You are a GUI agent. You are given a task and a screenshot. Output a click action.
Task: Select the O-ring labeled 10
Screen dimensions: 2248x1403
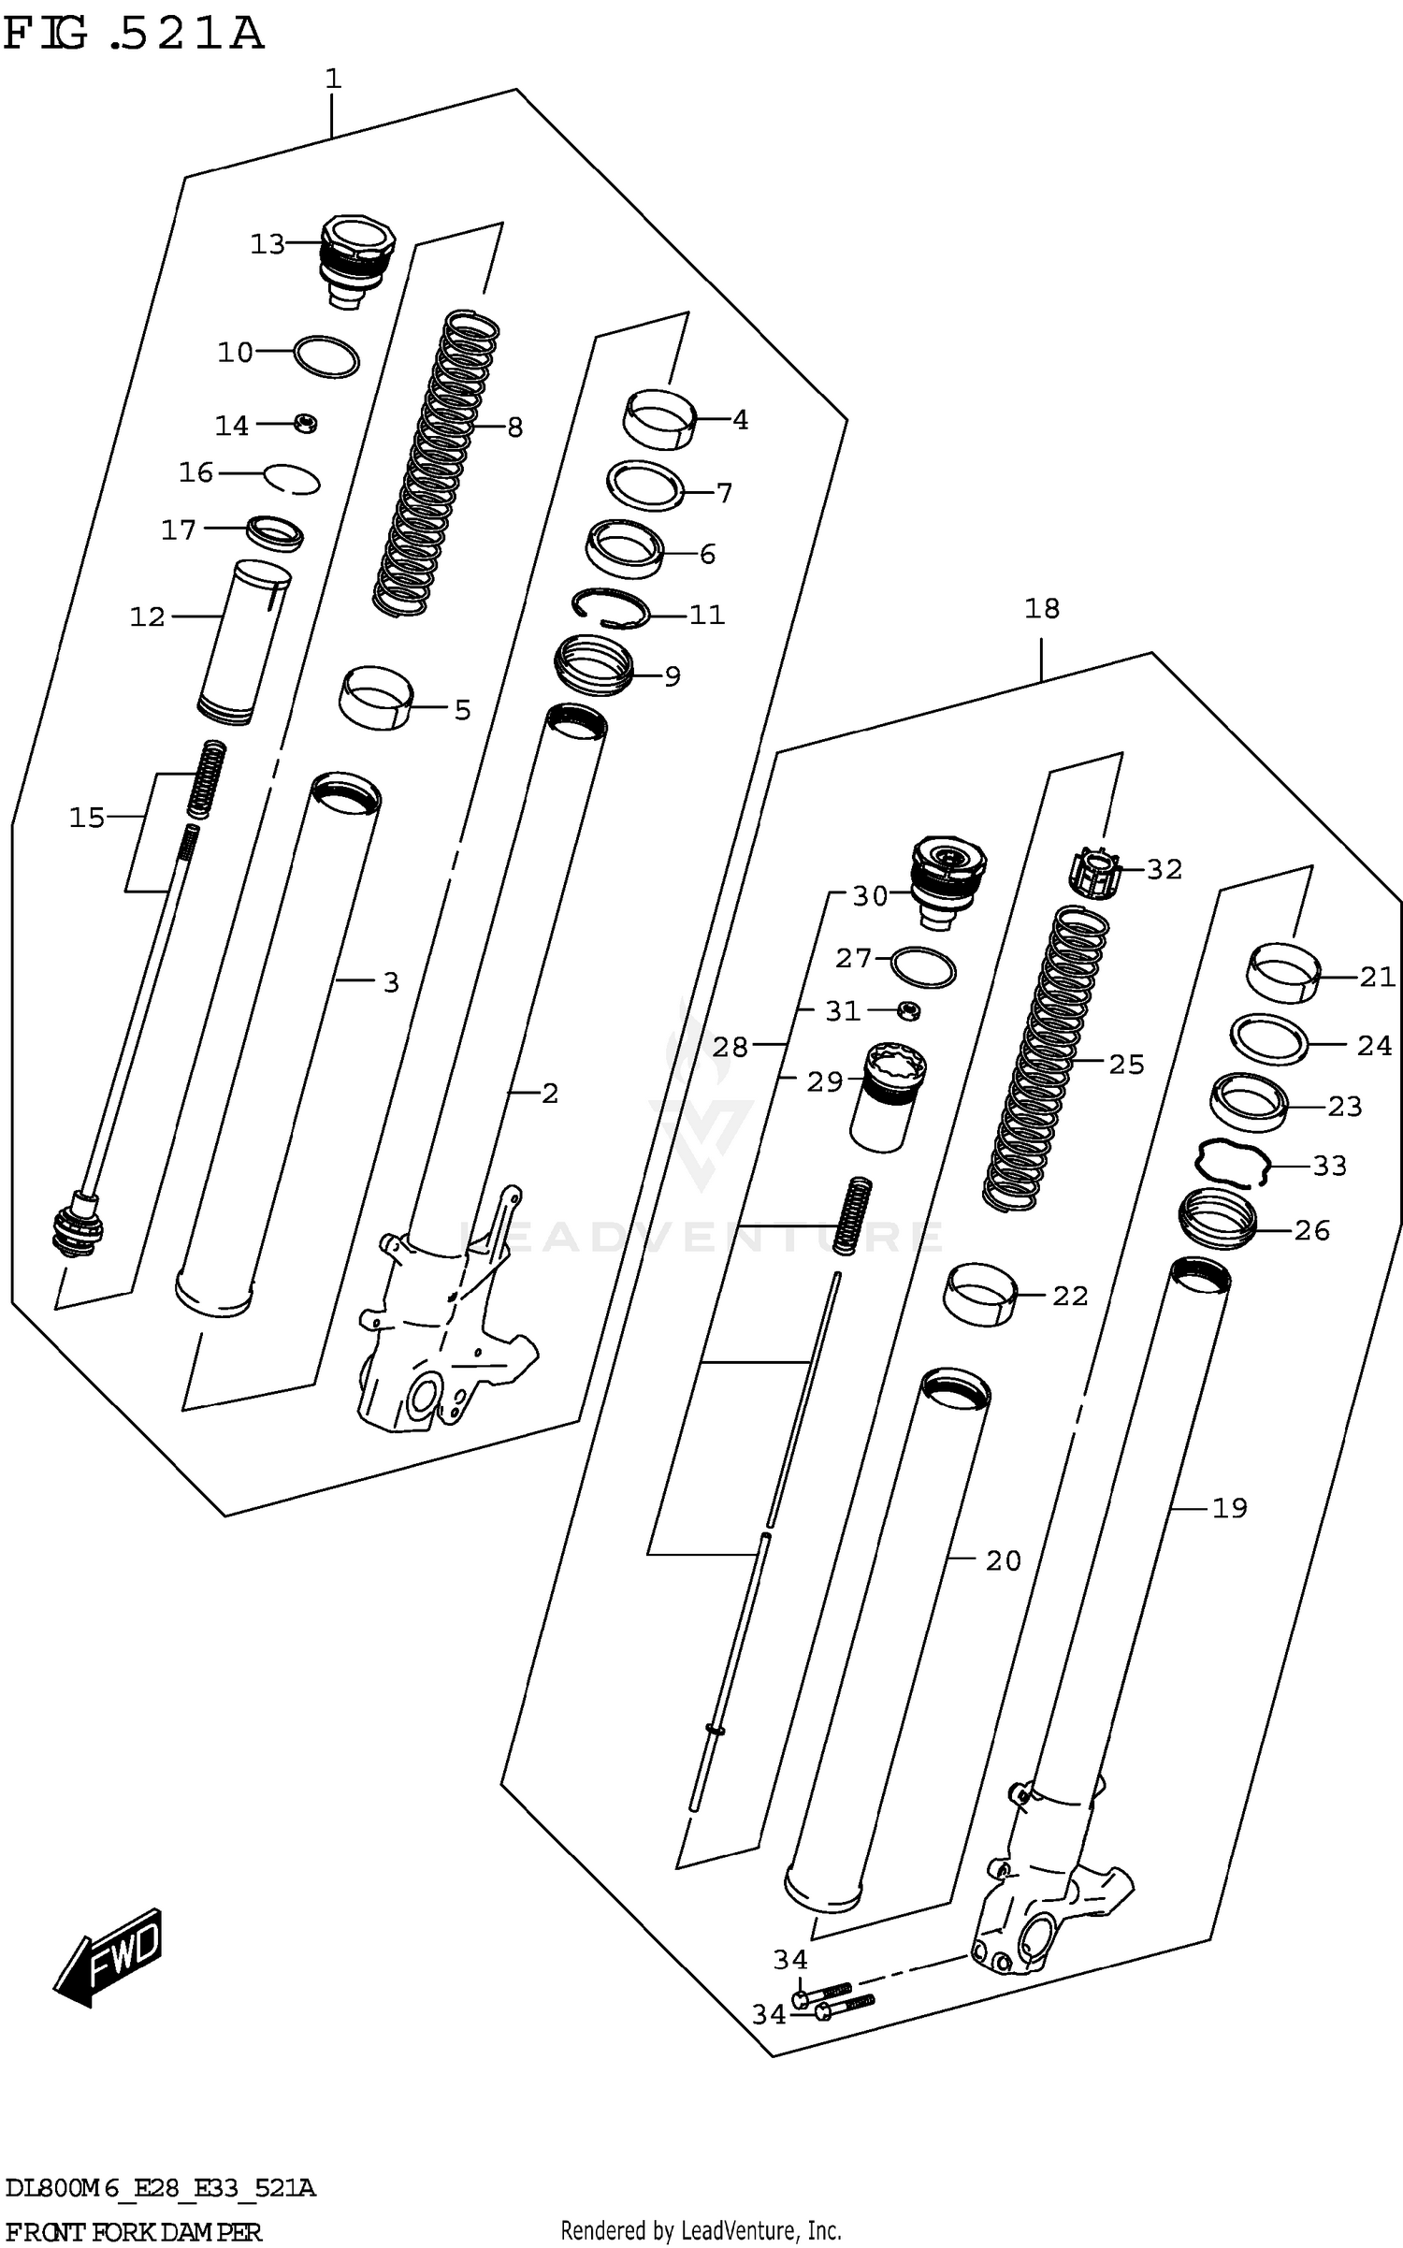click(326, 355)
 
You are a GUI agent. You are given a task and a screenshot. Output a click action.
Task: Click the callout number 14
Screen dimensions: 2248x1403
click(232, 426)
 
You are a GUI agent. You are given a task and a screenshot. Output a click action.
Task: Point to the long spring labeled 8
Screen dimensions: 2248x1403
click(436, 463)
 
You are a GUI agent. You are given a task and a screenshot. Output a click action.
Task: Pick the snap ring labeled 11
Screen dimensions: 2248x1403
click(611, 609)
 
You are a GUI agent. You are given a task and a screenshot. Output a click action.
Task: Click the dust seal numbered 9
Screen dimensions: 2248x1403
click(594, 665)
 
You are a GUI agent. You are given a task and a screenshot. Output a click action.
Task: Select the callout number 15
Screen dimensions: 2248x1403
click(87, 818)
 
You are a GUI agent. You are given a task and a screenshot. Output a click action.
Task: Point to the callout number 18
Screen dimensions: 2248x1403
click(1041, 609)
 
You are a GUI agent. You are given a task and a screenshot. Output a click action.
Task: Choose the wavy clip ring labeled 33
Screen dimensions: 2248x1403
click(1232, 1163)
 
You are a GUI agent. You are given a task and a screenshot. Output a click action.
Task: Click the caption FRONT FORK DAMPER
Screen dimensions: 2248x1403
click(134, 2232)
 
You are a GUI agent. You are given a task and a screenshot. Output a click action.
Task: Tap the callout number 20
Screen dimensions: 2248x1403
click(1003, 1560)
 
